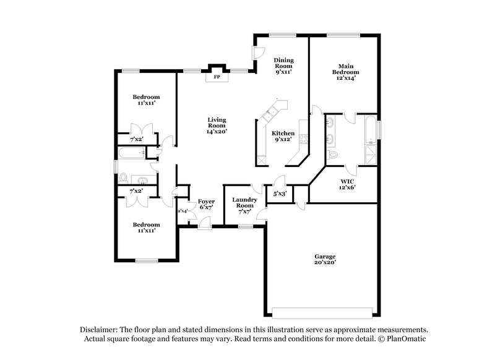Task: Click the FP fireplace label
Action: click(x=217, y=78)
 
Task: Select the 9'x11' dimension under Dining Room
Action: click(x=283, y=72)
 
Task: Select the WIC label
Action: click(x=346, y=181)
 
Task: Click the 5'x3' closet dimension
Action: click(x=280, y=194)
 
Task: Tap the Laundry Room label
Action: click(x=244, y=203)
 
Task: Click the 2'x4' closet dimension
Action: click(x=183, y=211)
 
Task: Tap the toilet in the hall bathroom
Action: click(x=123, y=179)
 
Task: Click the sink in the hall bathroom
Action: click(x=142, y=180)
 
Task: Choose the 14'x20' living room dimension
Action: click(x=216, y=131)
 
